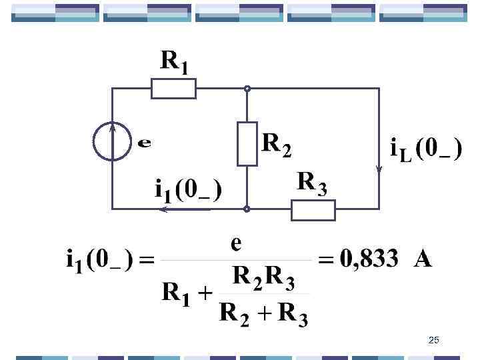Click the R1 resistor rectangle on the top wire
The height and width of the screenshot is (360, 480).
click(x=173, y=89)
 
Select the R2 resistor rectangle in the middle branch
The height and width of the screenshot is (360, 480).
click(x=247, y=144)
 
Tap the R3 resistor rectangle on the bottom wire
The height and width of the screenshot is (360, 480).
click(x=313, y=209)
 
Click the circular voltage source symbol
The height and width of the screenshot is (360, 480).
click(x=112, y=141)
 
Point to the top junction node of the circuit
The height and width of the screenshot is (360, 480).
click(x=247, y=89)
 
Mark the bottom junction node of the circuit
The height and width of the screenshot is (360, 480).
click(x=247, y=209)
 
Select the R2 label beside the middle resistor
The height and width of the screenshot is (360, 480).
click(x=277, y=144)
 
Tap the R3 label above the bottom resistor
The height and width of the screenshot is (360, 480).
click(x=311, y=183)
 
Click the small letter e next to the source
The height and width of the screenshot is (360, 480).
click(x=143, y=142)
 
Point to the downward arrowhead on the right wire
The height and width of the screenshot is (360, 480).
click(x=379, y=168)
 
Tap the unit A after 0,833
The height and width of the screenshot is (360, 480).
click(x=423, y=258)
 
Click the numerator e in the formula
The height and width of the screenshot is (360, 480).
click(x=236, y=244)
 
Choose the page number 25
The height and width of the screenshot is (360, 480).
click(x=434, y=341)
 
